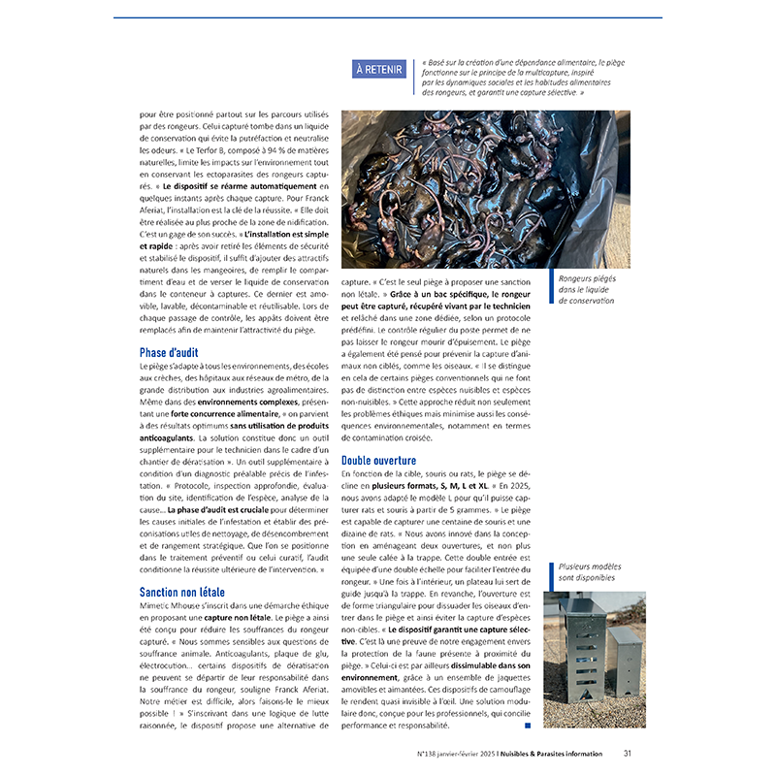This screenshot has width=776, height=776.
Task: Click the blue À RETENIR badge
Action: [378, 69]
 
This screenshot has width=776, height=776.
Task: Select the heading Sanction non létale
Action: [182, 592]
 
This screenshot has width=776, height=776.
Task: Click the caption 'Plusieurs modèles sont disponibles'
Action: [590, 572]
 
